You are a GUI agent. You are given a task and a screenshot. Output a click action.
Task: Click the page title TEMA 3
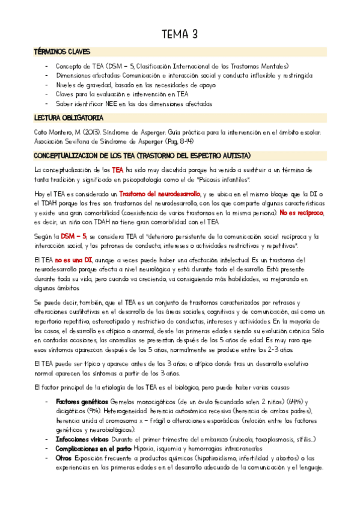180,34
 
